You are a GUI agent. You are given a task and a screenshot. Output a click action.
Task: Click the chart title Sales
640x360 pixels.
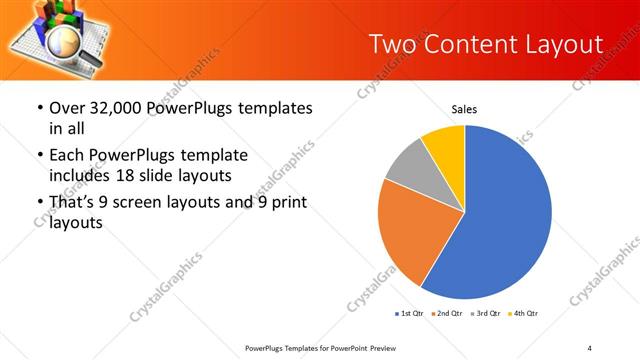pos(464,108)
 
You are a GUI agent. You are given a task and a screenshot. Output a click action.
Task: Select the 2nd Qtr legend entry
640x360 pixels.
pos(446,314)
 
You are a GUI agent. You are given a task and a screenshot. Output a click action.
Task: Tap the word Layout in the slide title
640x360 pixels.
pos(565,44)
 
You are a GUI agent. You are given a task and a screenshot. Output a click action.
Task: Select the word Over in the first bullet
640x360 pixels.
pos(66,107)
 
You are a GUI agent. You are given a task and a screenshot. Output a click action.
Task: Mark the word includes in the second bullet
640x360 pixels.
pos(80,176)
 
